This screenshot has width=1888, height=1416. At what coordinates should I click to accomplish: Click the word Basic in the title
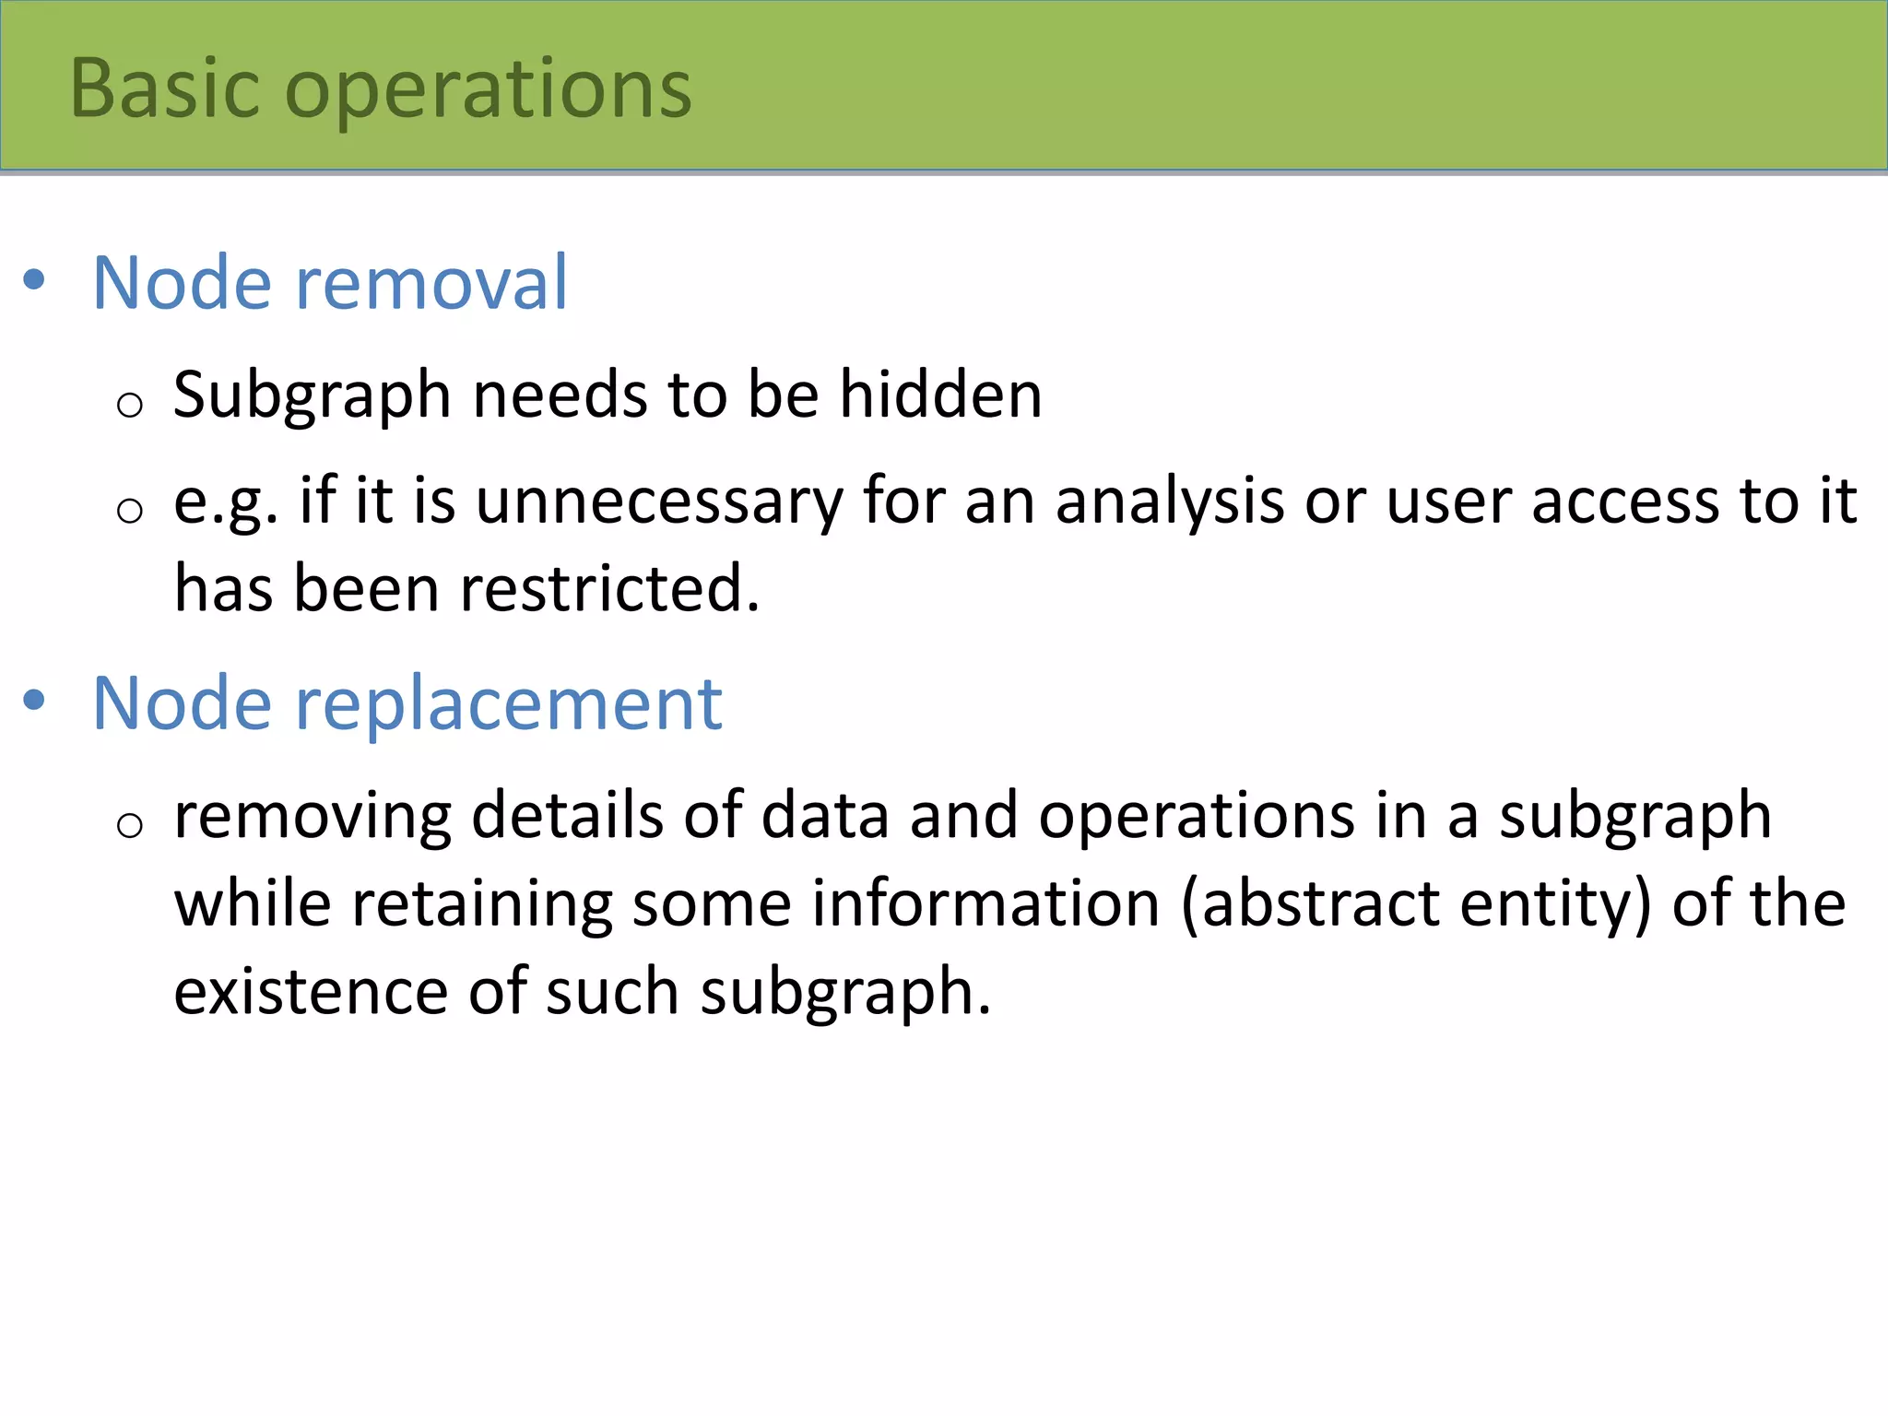165,88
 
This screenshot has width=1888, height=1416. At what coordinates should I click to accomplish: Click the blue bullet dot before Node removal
34,279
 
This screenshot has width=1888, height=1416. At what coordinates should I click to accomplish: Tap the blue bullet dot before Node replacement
34,701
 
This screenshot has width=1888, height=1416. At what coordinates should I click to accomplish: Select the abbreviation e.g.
225,503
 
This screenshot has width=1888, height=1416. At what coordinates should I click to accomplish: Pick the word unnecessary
659,502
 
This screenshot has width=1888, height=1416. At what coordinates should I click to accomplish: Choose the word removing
313,818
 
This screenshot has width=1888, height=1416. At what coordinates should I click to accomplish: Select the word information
985,903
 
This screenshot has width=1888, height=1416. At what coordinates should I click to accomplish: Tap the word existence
311,992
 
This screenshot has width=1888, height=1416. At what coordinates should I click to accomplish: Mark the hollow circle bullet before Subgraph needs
130,404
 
